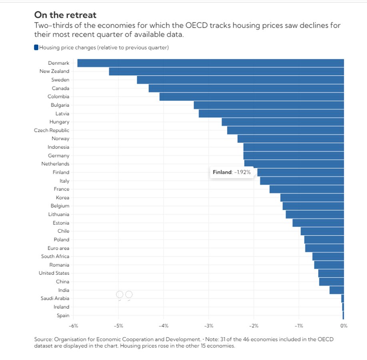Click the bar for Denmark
pos(211,63)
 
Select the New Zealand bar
pos(227,72)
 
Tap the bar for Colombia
pos(252,97)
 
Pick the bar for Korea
pos(312,198)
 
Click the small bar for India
pos(337,290)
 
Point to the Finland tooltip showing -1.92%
pos(232,172)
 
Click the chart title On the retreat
pos(65,15)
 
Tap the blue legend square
pos(36,48)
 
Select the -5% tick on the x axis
pos(118,326)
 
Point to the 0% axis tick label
pos(344,326)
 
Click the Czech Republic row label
pos(52,130)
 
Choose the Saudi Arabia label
pos(55,298)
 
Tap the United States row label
pos(54,273)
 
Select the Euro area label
pos(58,248)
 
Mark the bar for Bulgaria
pos(269,105)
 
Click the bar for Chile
pos(322,231)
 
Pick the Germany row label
pos(58,156)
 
